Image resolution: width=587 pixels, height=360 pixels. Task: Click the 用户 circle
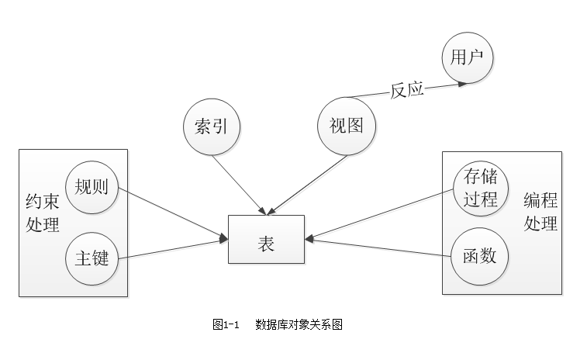468,58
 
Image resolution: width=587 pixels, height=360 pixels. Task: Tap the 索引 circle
211,126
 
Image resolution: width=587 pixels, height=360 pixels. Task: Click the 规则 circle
92,187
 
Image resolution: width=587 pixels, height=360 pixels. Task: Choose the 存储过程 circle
480,187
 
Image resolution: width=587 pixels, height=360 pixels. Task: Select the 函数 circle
480,255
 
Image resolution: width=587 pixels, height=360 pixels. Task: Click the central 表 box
266,239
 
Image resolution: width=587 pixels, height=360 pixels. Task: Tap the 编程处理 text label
540,213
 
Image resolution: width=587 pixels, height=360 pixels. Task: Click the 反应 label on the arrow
406,90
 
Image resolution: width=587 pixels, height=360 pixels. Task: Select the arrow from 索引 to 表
238,183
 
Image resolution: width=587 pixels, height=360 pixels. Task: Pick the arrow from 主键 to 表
172,250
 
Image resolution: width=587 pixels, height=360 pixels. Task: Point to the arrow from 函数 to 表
380,247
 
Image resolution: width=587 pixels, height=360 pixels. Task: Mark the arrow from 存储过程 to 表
380,214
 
